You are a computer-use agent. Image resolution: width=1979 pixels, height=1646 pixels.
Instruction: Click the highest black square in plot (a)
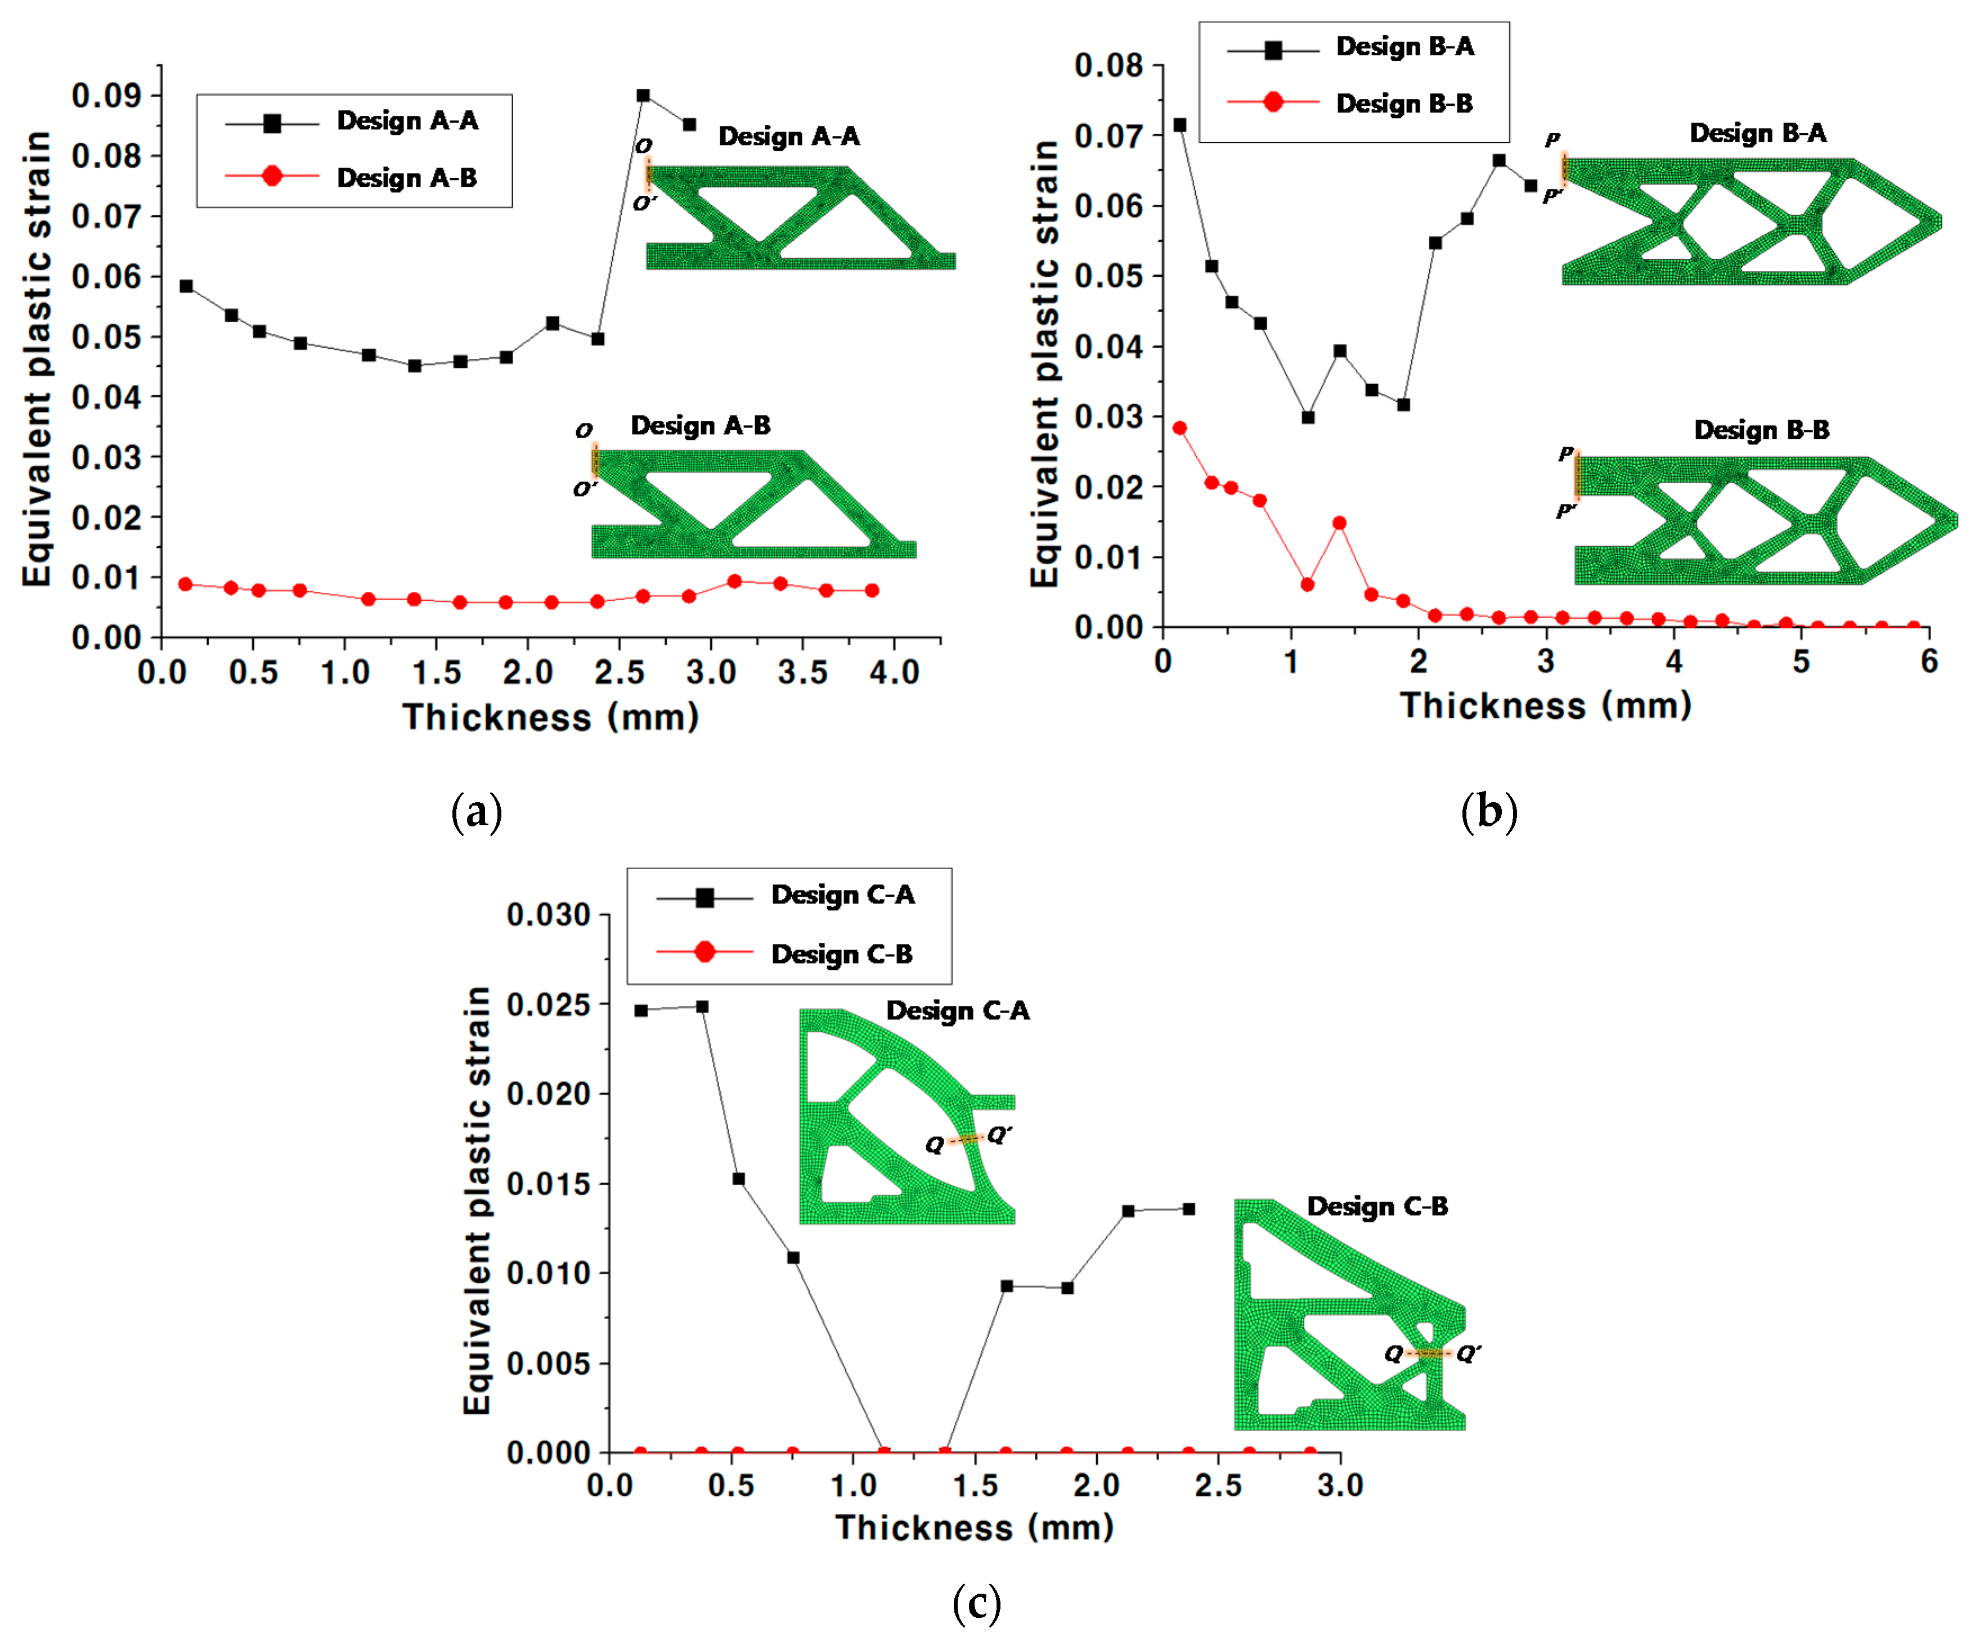pos(643,95)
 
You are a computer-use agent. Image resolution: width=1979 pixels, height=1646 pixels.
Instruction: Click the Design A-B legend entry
pos(406,177)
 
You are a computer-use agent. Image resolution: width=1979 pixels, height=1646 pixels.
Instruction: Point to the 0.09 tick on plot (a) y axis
pos(106,95)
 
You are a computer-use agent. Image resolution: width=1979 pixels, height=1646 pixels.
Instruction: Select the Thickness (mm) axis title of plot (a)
pos(550,717)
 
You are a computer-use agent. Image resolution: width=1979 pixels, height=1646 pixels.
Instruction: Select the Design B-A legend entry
pos(1404,46)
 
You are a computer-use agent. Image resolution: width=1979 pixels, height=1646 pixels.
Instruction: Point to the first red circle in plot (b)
pos(1179,428)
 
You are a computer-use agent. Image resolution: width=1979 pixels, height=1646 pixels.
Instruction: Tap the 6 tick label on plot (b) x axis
pos(1928,662)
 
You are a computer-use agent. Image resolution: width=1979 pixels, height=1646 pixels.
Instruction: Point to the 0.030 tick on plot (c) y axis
pos(548,914)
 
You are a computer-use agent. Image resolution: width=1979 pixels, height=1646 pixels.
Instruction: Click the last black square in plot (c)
pos(1188,1209)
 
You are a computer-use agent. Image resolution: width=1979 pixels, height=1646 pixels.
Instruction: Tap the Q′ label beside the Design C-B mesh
pos(1468,1353)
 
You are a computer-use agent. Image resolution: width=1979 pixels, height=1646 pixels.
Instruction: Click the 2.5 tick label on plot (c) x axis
pos(1218,1486)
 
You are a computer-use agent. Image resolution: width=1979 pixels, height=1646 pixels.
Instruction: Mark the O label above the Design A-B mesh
pos(584,430)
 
